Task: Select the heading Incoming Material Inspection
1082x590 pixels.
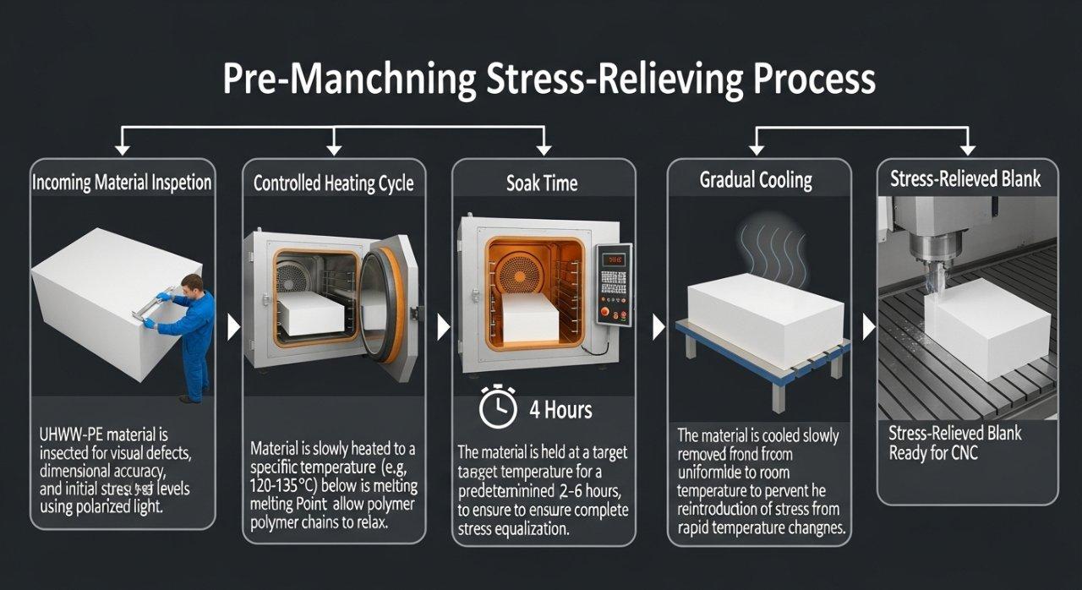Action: [122, 183]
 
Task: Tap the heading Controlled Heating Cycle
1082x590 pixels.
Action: [334, 183]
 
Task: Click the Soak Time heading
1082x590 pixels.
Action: [544, 183]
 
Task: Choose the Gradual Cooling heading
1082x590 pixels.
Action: [756, 180]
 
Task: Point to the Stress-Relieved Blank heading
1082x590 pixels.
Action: [965, 179]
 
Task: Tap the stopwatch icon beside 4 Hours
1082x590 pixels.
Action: [498, 409]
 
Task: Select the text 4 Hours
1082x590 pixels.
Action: [560, 410]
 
